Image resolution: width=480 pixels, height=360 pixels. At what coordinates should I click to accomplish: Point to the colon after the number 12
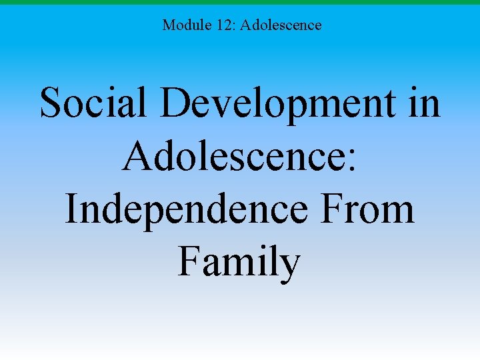[233, 26]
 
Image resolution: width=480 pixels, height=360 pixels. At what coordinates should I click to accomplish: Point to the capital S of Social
[51, 103]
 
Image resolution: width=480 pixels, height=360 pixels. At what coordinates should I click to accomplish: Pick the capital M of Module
[169, 25]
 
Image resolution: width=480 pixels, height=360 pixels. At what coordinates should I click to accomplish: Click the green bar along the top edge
[240, 3]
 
